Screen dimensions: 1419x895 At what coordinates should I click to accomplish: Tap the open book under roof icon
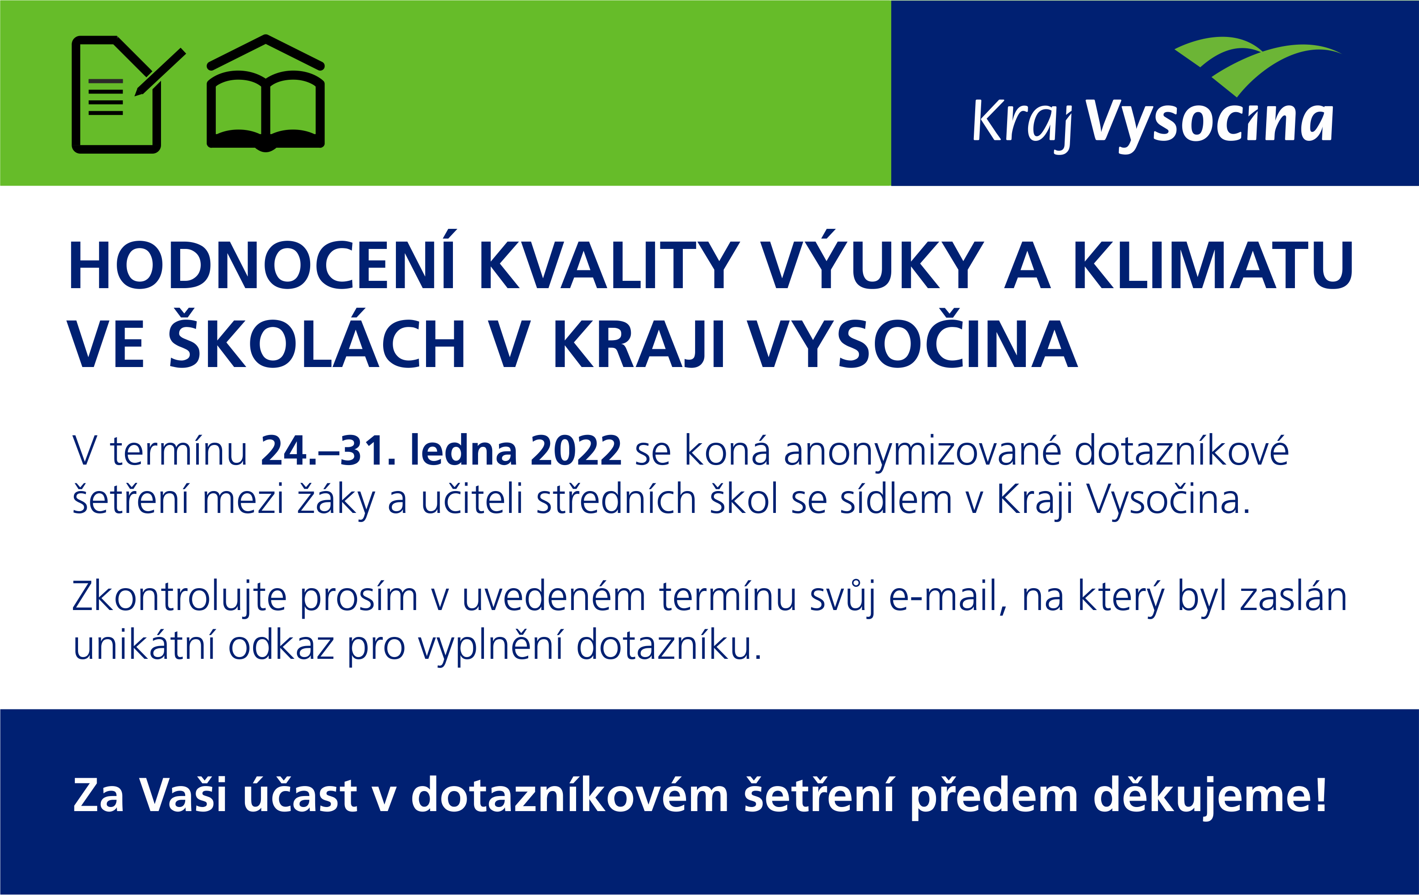pyautogui.click(x=266, y=93)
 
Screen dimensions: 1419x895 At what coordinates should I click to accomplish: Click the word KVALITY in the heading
pyautogui.click(x=609, y=266)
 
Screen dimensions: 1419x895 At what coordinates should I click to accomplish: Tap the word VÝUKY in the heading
pyautogui.click(x=873, y=260)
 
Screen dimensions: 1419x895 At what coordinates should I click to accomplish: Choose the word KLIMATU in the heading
pyautogui.click(x=1213, y=266)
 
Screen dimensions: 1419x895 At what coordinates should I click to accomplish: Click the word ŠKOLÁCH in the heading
pyautogui.click(x=317, y=339)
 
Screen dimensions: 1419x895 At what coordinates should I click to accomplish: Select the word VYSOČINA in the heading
pyautogui.click(x=913, y=339)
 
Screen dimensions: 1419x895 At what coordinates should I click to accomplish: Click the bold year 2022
pyautogui.click(x=576, y=451)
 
